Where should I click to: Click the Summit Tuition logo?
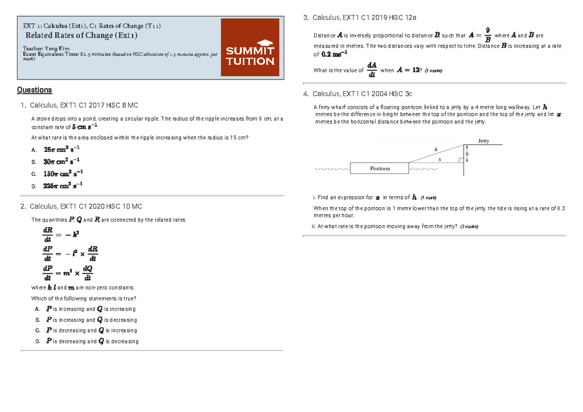[x=250, y=48]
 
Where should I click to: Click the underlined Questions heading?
[x=34, y=90]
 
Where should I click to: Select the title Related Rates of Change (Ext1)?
[x=81, y=35]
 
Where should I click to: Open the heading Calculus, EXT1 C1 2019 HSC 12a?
[x=364, y=17]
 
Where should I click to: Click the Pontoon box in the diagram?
[x=380, y=168]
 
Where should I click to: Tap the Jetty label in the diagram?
[x=483, y=141]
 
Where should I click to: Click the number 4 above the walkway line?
[x=435, y=148]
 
